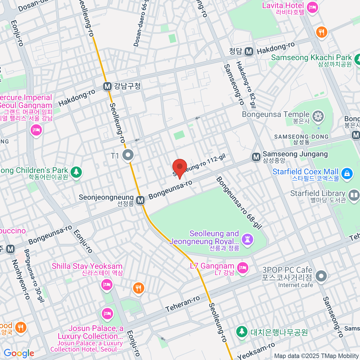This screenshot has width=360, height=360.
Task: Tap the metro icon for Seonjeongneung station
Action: point(140,200)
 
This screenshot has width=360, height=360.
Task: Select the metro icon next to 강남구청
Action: point(107,86)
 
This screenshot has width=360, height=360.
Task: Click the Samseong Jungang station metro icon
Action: point(256,157)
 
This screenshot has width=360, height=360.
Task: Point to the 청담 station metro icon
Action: point(248,52)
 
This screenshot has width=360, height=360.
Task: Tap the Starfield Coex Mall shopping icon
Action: point(347,174)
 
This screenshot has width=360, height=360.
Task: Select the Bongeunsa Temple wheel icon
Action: point(318,116)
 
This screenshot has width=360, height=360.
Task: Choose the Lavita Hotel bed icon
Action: point(312,7)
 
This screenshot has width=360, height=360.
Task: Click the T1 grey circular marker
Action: point(129,155)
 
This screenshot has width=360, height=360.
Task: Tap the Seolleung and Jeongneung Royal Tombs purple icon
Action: point(248,239)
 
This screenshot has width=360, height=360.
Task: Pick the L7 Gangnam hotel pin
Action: point(242,268)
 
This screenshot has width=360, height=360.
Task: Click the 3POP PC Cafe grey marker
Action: point(321,276)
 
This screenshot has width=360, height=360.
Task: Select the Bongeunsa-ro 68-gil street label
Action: point(239,203)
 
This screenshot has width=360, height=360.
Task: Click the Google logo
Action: point(19,353)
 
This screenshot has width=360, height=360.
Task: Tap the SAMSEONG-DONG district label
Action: point(301,137)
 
